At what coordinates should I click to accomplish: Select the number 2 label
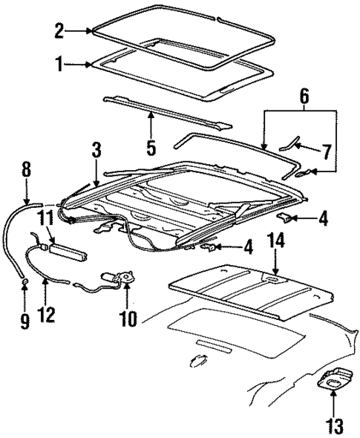click(59, 30)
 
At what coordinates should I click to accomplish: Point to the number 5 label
click(151, 146)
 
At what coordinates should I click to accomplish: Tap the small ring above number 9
click(24, 283)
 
